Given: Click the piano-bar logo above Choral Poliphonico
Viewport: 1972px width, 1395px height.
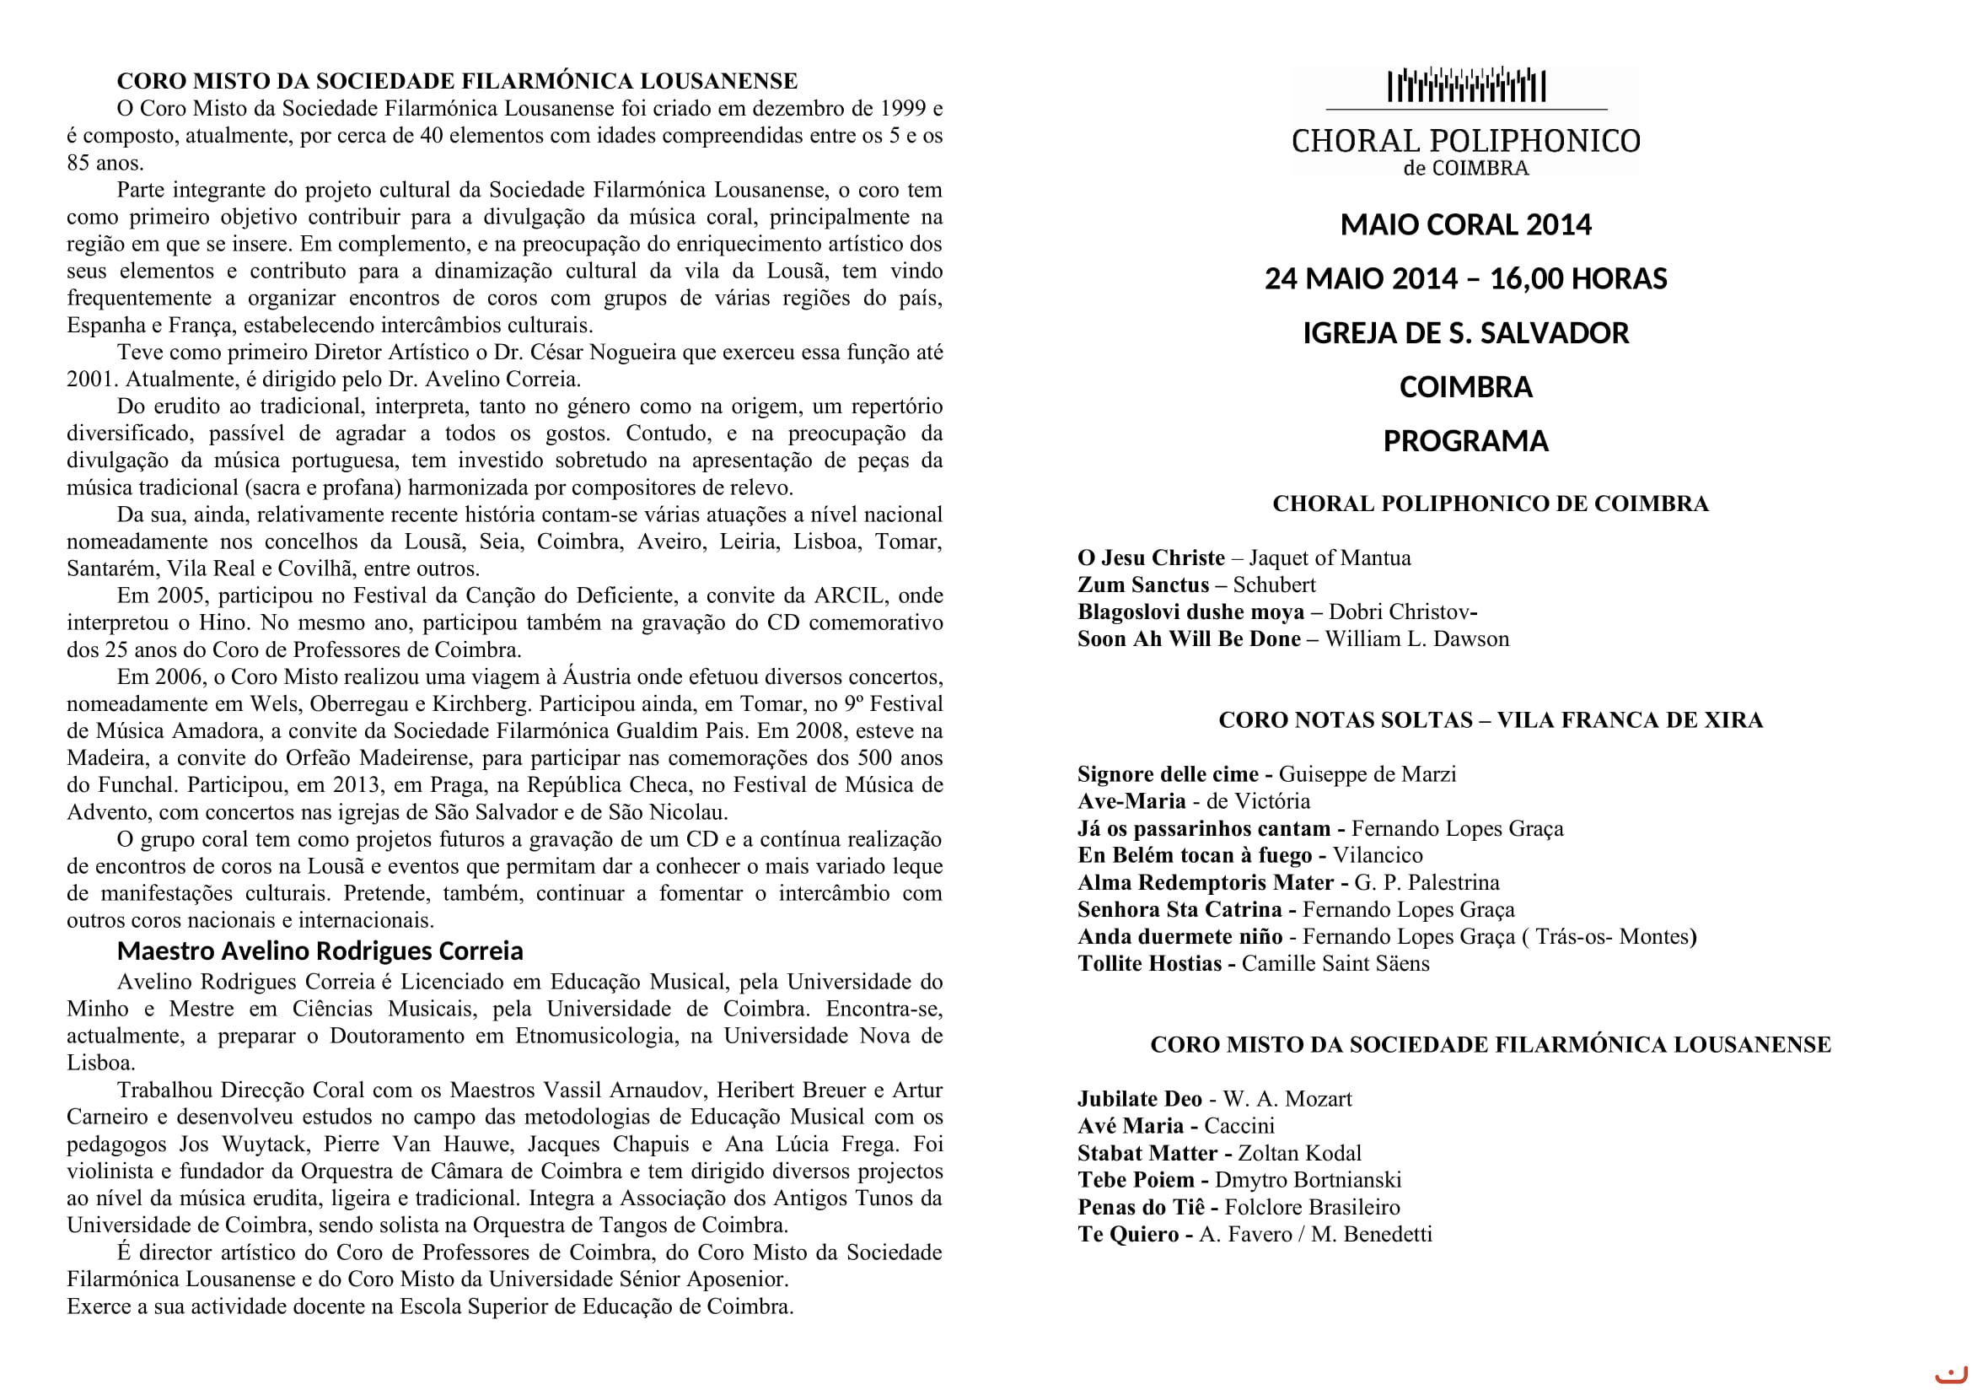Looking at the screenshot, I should pyautogui.click(x=1466, y=86).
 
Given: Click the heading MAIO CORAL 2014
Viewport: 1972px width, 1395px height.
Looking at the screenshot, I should pyautogui.click(x=1465, y=225).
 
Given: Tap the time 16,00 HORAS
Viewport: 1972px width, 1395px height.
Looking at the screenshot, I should pyautogui.click(x=1577, y=279).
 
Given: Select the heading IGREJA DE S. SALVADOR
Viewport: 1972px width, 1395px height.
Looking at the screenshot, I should pyautogui.click(x=1465, y=333).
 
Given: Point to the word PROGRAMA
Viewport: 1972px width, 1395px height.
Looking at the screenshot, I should pyautogui.click(x=1465, y=441).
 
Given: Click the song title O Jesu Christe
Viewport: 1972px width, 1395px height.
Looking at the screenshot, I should pyautogui.click(x=1151, y=558).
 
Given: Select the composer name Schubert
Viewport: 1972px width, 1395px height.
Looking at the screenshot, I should pyautogui.click(x=1274, y=585).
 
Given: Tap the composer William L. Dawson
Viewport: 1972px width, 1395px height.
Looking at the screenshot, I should pyautogui.click(x=1416, y=639).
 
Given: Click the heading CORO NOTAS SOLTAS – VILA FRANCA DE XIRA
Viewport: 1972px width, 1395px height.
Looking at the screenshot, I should pyautogui.click(x=1490, y=719).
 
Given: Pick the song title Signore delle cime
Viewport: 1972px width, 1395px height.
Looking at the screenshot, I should pyautogui.click(x=1167, y=775).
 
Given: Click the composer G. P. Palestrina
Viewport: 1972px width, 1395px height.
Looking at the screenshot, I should pyautogui.click(x=1427, y=883).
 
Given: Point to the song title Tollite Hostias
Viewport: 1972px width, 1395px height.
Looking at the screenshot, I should pyautogui.click(x=1149, y=964).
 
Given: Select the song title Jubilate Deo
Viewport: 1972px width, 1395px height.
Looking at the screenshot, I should pyautogui.click(x=1140, y=1100).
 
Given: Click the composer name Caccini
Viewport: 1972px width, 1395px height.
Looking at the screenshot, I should pyautogui.click(x=1239, y=1126).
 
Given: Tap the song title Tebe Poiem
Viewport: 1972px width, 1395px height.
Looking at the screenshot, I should pyautogui.click(x=1136, y=1180).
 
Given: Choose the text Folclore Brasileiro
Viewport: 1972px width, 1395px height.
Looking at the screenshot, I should pyautogui.click(x=1312, y=1208).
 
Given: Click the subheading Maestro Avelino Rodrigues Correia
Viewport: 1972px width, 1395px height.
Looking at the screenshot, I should pyautogui.click(x=320, y=951).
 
